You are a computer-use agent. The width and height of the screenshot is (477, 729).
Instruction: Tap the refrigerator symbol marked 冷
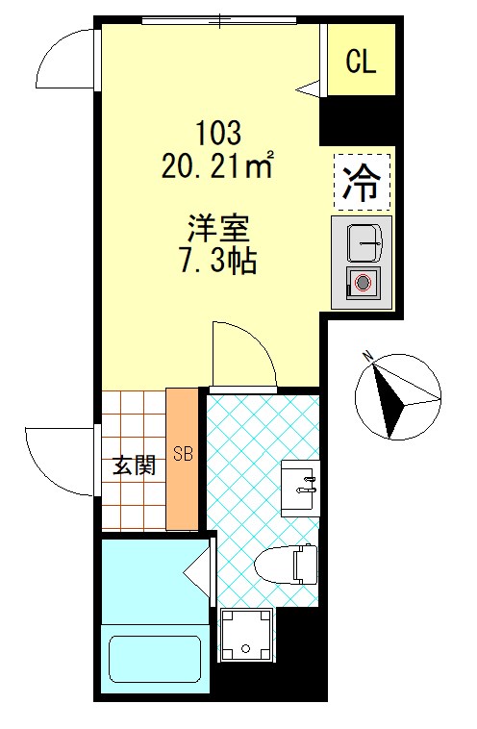pyautogui.click(x=362, y=182)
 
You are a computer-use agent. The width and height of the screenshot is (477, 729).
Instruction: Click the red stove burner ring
pyautogui.click(x=363, y=282)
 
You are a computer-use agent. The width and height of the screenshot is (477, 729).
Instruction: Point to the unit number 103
pyautogui.click(x=218, y=133)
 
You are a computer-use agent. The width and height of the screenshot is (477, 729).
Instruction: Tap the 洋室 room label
pyautogui.click(x=218, y=229)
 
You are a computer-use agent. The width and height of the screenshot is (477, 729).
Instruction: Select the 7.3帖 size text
pyautogui.click(x=218, y=262)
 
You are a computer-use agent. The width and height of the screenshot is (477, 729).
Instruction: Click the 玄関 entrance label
pyautogui.click(x=134, y=465)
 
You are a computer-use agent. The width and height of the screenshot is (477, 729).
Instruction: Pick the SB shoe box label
pyautogui.click(x=183, y=453)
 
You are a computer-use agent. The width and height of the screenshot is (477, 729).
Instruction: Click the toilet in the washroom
pyautogui.click(x=286, y=564)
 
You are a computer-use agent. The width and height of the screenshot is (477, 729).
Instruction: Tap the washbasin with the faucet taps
pyautogui.click(x=300, y=489)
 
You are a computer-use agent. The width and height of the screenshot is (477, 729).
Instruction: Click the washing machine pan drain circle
pyautogui.click(x=246, y=648)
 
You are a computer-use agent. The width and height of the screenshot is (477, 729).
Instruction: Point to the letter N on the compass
pyautogui.click(x=369, y=356)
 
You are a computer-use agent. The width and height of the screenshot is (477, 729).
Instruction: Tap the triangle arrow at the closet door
pyautogui.click(x=309, y=88)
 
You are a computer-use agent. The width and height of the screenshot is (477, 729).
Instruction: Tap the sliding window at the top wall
pyautogui.click(x=219, y=20)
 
